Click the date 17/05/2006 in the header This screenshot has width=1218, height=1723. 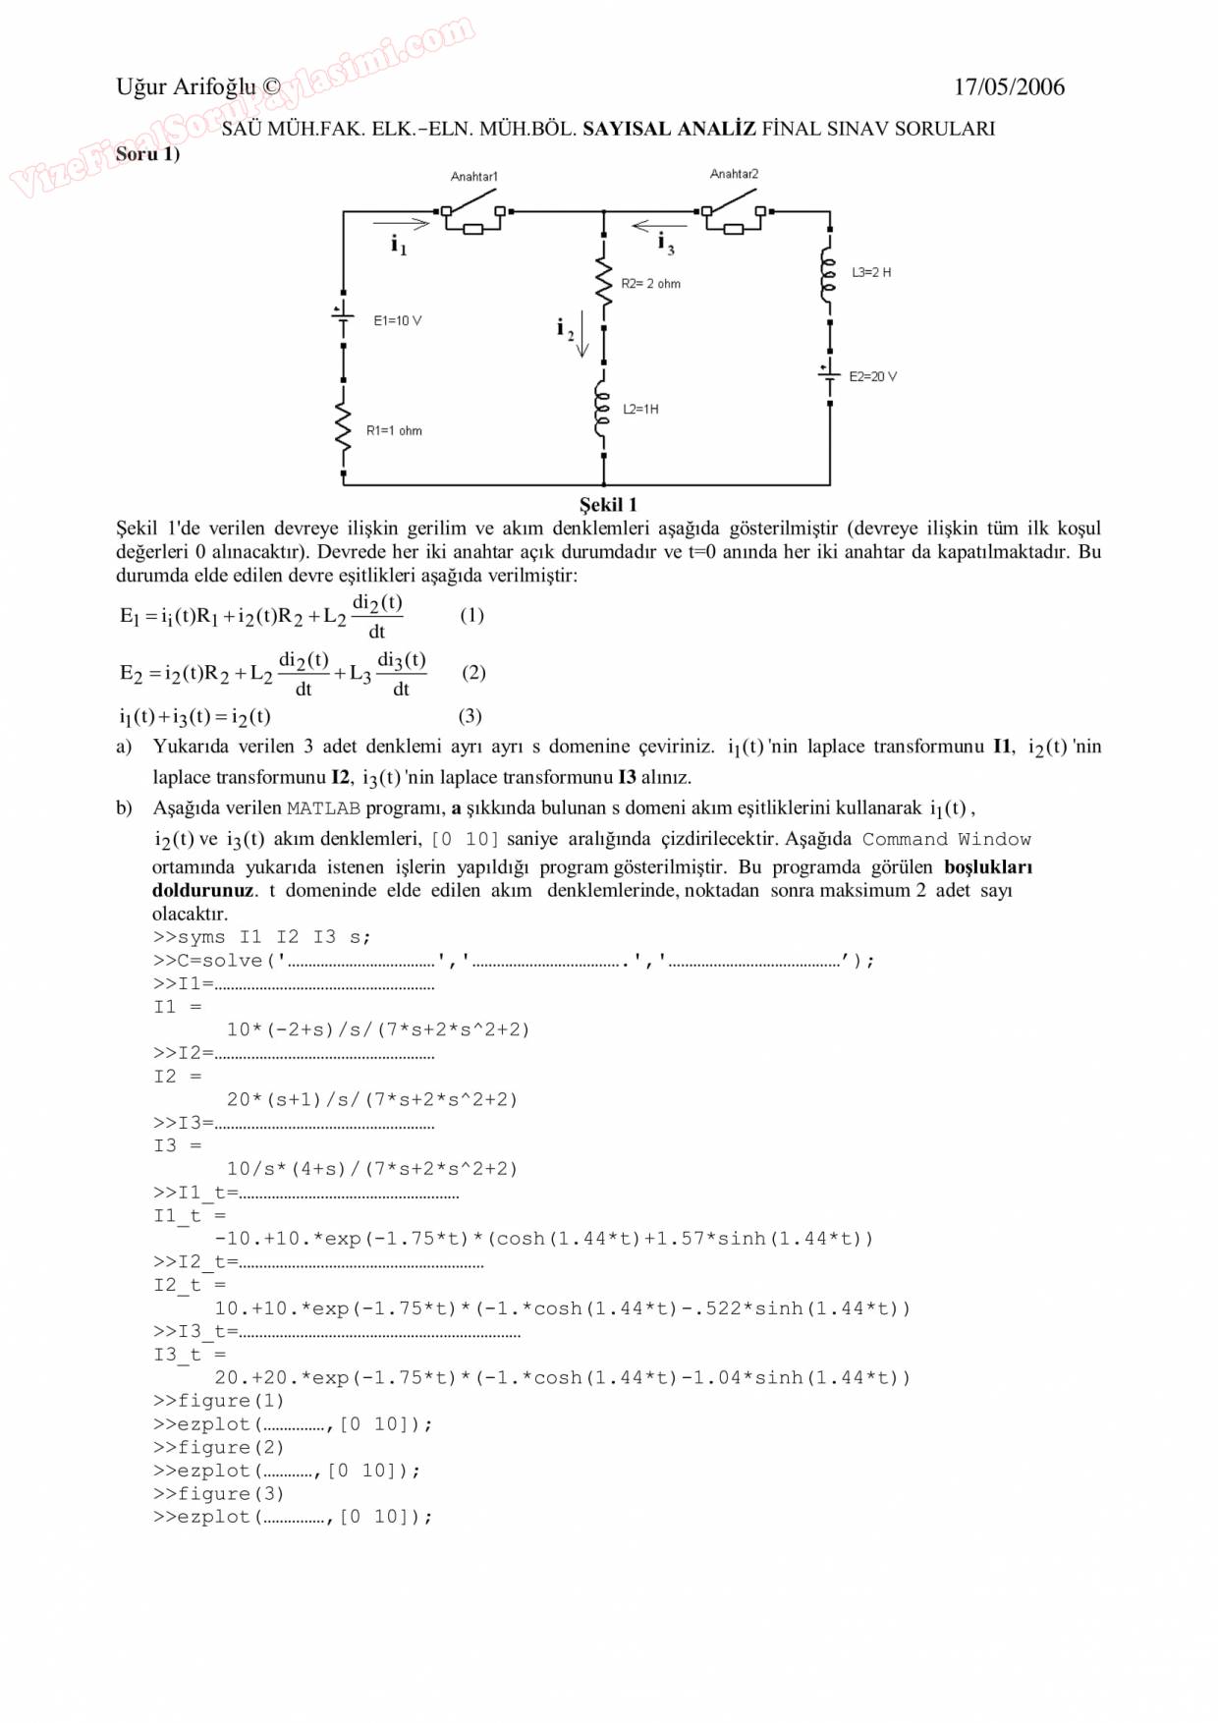click(x=1009, y=87)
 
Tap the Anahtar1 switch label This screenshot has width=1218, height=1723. click(x=473, y=177)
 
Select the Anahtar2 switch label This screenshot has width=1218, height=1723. click(x=734, y=174)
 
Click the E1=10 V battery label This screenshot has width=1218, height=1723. click(x=397, y=321)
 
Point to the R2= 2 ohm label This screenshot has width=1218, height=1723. click(x=650, y=284)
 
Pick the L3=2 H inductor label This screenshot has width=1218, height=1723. click(x=871, y=272)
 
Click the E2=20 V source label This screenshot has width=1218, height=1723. click(x=872, y=376)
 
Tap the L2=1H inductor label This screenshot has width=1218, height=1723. click(x=640, y=409)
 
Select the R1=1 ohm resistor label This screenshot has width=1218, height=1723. click(x=394, y=430)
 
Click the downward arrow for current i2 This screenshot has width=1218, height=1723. click(x=582, y=334)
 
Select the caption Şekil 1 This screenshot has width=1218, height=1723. click(x=608, y=505)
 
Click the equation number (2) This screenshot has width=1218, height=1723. click(x=473, y=673)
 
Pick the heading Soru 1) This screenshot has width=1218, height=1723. click(x=147, y=154)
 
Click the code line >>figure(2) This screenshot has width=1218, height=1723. click(x=218, y=1447)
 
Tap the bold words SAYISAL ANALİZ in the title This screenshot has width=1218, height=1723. click(x=669, y=129)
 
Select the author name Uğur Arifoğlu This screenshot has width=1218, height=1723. click(x=186, y=87)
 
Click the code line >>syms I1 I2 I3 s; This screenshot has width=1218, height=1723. click(x=262, y=937)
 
